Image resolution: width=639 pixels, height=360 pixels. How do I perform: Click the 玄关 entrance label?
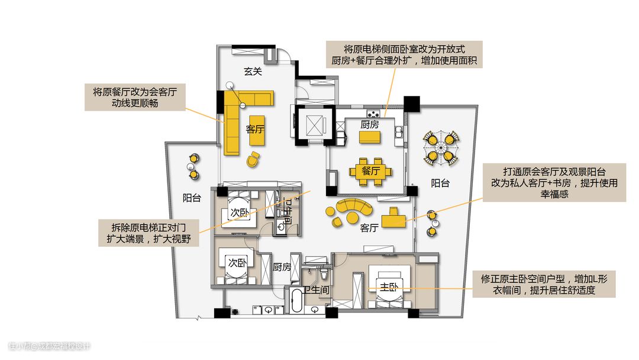tap(253, 71)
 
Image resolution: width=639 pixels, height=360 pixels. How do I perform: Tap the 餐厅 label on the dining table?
tap(370, 171)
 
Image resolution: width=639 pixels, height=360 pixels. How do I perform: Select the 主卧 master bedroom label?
tap(389, 287)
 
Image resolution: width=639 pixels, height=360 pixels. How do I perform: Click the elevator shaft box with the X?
tap(315, 125)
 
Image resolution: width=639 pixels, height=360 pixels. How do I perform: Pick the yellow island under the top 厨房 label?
tap(370, 137)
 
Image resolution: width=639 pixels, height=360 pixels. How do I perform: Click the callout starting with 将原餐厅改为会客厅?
tap(135, 98)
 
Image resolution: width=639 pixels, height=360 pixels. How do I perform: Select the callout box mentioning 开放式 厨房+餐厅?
tap(404, 54)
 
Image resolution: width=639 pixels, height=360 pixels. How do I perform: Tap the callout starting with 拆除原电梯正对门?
tap(149, 233)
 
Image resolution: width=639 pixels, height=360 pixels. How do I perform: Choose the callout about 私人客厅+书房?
tap(554, 182)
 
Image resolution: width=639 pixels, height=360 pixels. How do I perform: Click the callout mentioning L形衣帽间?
tap(544, 284)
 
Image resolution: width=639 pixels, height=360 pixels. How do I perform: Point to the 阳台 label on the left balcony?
tap(192, 198)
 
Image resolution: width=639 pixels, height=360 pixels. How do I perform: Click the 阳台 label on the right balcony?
tap(440, 184)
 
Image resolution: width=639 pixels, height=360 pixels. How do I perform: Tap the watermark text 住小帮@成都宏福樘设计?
tap(49, 346)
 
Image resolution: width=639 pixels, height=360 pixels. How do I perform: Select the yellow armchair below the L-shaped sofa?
tap(253, 159)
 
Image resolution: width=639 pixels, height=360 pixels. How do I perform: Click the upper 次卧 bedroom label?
tap(239, 213)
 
